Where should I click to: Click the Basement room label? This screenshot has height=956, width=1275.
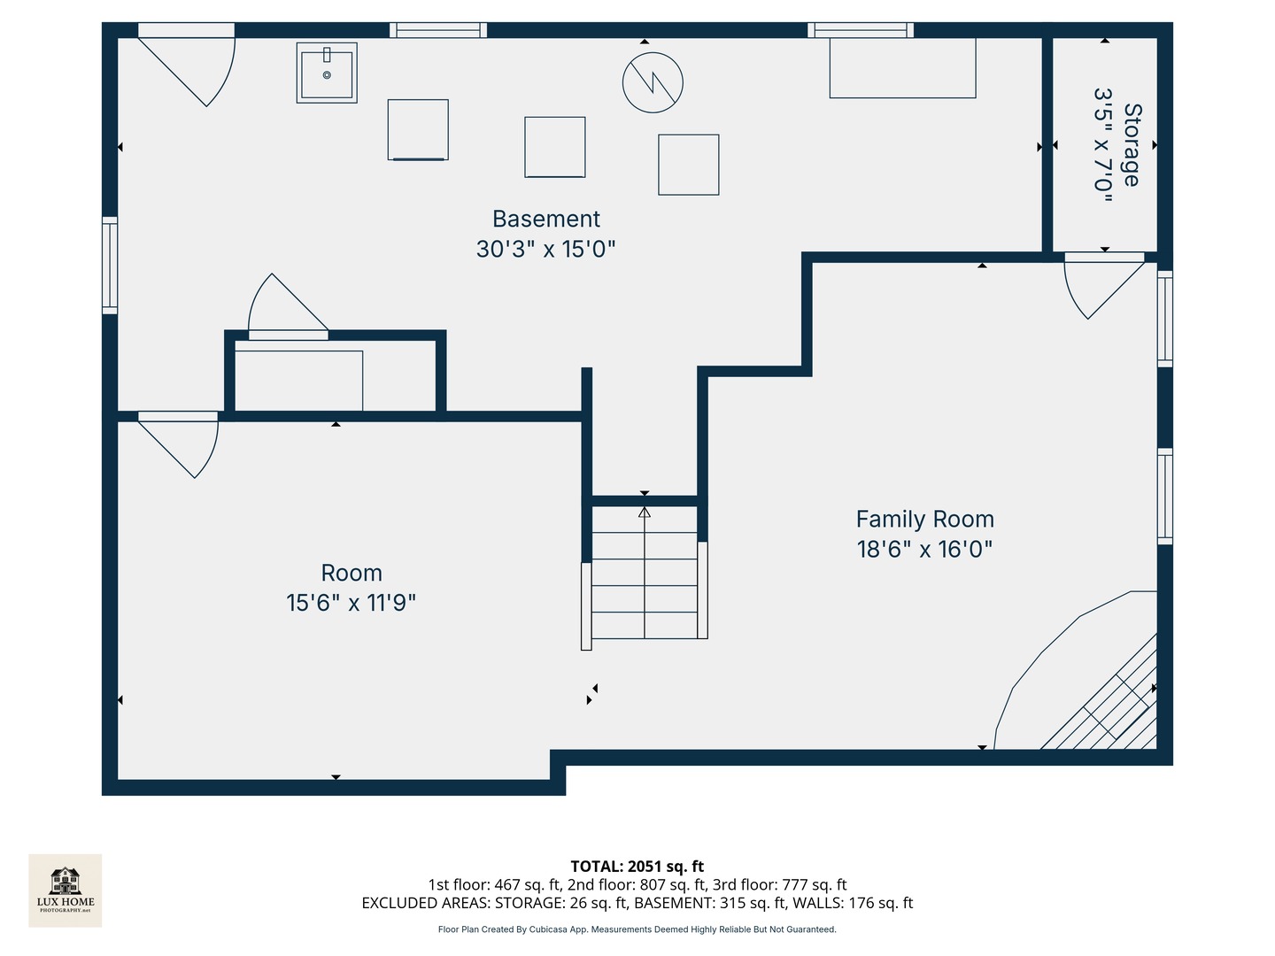[545, 219]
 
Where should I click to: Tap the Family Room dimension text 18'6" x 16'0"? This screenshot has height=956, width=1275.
[924, 549]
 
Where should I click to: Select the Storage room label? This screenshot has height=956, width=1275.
[1132, 145]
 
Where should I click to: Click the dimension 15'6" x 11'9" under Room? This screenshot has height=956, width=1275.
[351, 603]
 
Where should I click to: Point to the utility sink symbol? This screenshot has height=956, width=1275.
[327, 73]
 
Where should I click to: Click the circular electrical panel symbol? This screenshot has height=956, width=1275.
[653, 82]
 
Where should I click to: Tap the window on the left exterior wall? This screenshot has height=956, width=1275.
[110, 266]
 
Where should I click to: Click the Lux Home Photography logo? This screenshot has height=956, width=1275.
[66, 890]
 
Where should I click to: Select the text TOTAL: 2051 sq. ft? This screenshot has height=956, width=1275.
[637, 867]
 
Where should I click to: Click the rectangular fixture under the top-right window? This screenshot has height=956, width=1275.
[902, 68]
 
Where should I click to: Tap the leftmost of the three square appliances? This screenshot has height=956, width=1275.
[418, 130]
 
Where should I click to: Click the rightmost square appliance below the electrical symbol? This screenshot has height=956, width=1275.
[688, 165]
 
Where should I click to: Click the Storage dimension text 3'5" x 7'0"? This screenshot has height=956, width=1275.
[1102, 145]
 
